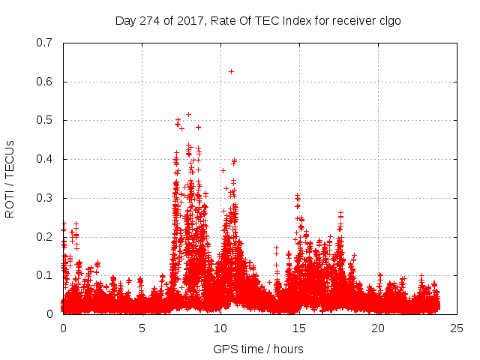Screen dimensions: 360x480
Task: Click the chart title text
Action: coord(258,20)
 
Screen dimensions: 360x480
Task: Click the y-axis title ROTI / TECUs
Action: coord(10,178)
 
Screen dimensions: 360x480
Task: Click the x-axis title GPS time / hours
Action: coord(258,349)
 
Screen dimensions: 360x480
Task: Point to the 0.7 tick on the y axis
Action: coord(46,43)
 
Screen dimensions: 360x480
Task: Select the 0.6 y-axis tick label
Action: coord(46,82)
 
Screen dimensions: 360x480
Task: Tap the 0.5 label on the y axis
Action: coord(46,120)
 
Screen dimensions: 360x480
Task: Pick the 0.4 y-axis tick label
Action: coord(46,159)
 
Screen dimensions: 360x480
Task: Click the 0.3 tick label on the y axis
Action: coord(46,198)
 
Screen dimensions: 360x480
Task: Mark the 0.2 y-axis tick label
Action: coord(46,236)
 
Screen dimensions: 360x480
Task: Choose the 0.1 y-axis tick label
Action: coord(46,275)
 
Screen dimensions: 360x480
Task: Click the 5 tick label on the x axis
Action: coord(142,328)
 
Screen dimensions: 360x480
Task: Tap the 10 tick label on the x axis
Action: coord(220,328)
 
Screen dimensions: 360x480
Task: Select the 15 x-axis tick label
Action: coord(299,328)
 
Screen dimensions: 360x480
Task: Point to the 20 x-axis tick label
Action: coord(378,328)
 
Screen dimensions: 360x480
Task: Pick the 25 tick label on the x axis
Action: coord(457,328)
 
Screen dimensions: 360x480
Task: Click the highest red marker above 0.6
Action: coord(231,71)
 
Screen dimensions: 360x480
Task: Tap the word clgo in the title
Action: coord(389,20)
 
